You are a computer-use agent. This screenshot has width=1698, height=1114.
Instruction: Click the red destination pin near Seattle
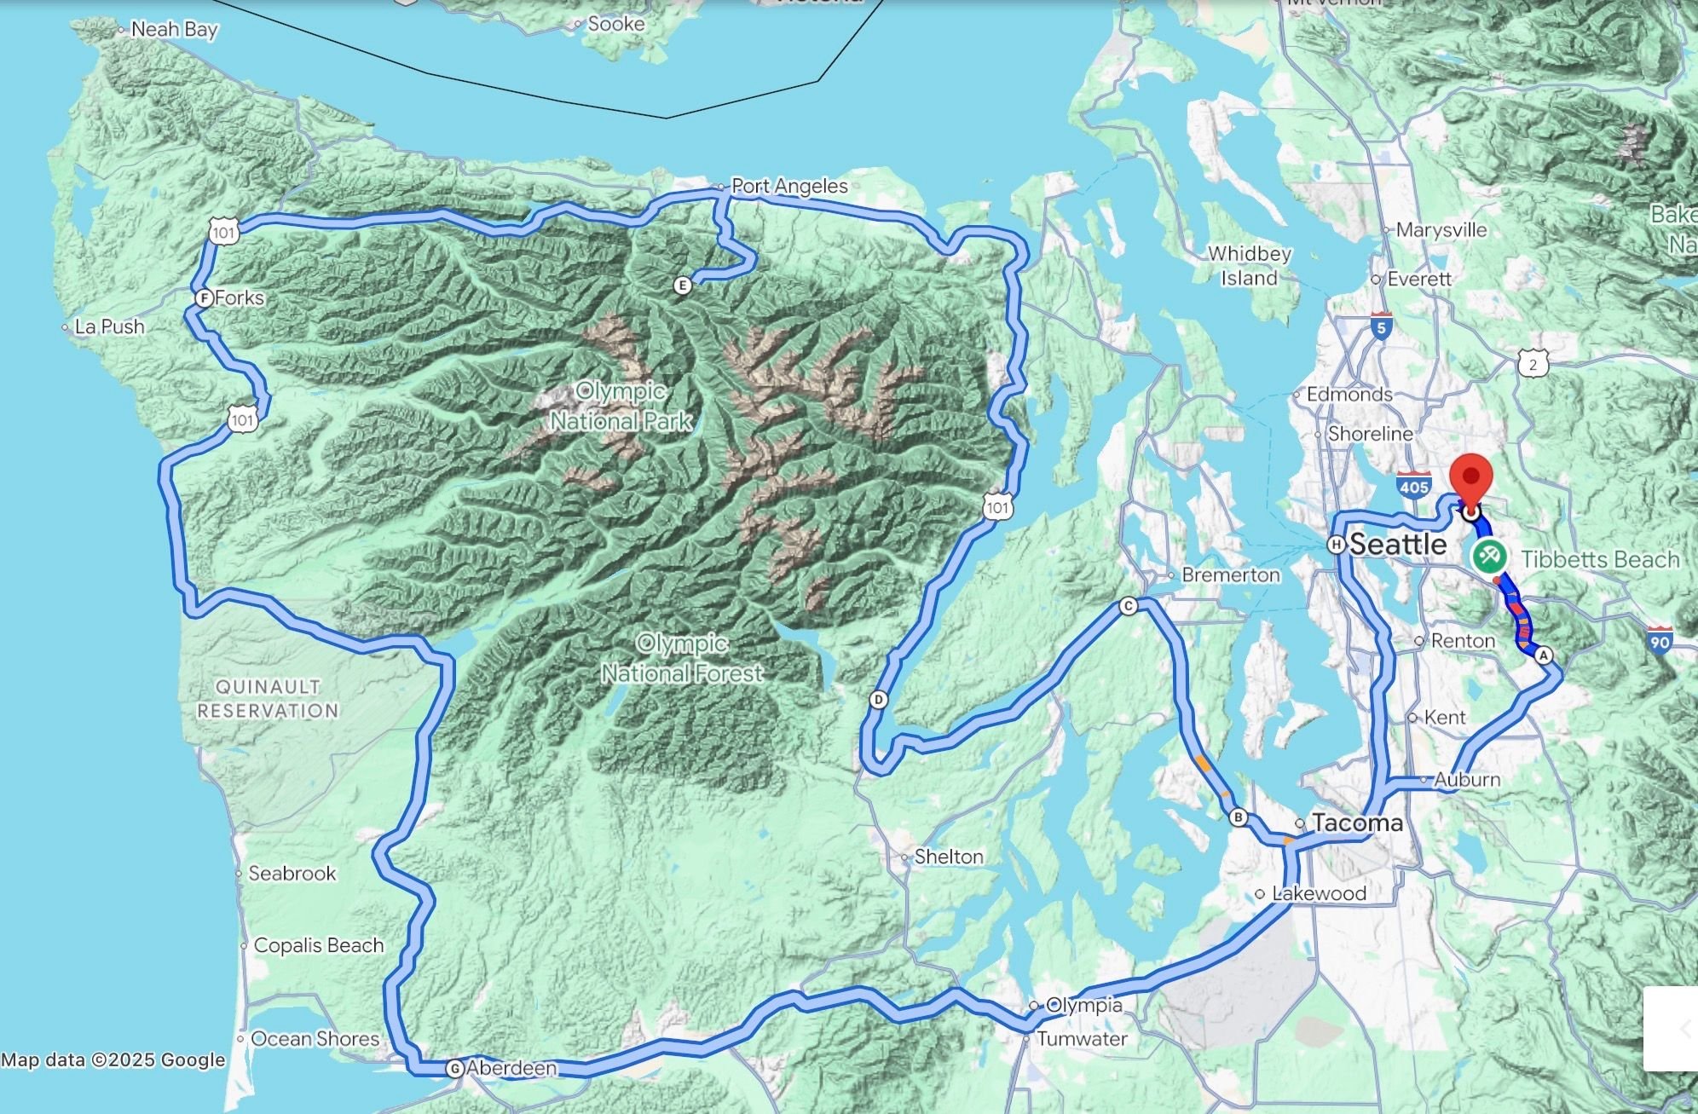pyautogui.click(x=1470, y=477)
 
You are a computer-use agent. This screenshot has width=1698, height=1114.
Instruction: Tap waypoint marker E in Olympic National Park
pyautogui.click(x=682, y=286)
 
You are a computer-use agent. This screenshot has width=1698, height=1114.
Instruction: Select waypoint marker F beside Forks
pyautogui.click(x=203, y=298)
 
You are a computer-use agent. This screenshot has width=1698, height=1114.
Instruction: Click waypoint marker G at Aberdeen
pyautogui.click(x=455, y=1068)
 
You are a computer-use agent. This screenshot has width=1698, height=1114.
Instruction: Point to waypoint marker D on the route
pyautogui.click(x=878, y=700)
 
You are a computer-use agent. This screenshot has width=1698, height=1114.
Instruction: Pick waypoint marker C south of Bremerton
pyautogui.click(x=1128, y=606)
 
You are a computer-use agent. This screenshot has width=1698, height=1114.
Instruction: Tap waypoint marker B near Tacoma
pyautogui.click(x=1239, y=817)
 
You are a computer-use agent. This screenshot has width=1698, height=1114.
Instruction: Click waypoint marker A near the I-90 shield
pyautogui.click(x=1543, y=655)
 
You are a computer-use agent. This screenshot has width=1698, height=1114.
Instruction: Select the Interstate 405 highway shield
pyautogui.click(x=1413, y=485)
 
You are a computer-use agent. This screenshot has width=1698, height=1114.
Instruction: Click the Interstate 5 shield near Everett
pyautogui.click(x=1382, y=326)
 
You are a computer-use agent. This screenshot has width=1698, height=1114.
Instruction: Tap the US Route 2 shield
pyautogui.click(x=1533, y=364)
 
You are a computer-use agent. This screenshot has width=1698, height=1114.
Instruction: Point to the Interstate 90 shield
pyautogui.click(x=1660, y=640)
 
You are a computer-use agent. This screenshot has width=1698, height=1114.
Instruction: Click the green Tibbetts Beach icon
pyautogui.click(x=1488, y=558)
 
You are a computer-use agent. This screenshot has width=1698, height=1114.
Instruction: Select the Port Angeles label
pyautogui.click(x=789, y=186)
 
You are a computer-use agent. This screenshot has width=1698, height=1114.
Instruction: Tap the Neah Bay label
pyautogui.click(x=174, y=29)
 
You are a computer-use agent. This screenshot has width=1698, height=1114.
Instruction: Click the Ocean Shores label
pyautogui.click(x=315, y=1038)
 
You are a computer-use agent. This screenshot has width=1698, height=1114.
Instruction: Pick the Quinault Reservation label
pyautogui.click(x=268, y=698)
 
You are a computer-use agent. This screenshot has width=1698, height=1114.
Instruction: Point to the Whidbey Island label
pyautogui.click(x=1249, y=266)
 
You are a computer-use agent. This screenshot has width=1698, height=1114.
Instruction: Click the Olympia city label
pyautogui.click(x=1083, y=1005)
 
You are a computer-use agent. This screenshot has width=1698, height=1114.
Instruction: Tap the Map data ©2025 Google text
pyautogui.click(x=113, y=1060)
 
